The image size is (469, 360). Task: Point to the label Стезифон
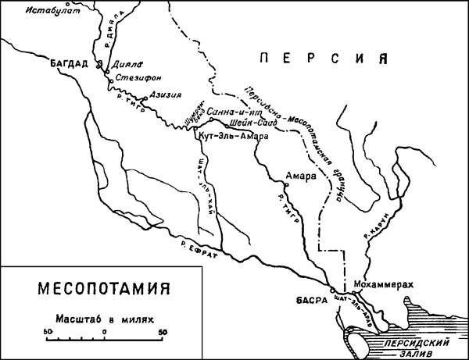[133, 79]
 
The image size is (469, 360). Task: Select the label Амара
[301, 175]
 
